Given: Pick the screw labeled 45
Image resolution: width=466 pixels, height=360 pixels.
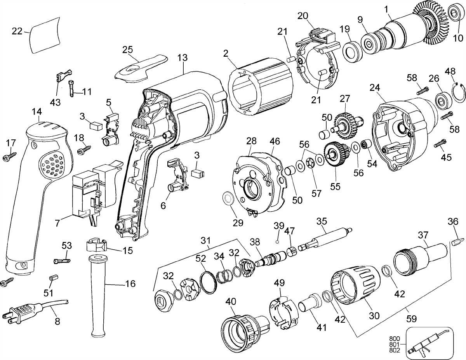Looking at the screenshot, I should point(442,143).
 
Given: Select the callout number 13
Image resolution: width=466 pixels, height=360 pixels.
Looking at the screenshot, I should point(183,58).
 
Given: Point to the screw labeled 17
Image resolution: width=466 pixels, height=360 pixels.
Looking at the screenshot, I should point(9,157).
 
